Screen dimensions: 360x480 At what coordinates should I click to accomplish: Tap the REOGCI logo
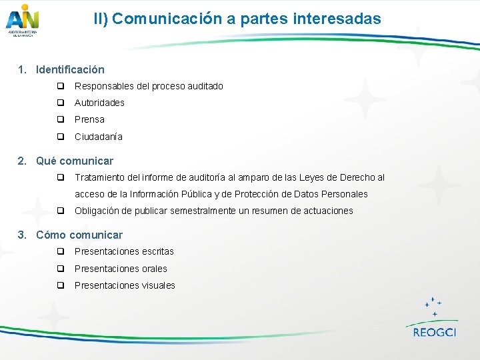click(x=434, y=319)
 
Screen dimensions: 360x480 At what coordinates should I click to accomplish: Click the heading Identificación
click(x=70, y=69)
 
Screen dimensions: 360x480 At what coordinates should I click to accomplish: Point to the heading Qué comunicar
click(x=75, y=161)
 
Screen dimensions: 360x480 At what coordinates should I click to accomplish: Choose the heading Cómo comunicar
click(x=79, y=235)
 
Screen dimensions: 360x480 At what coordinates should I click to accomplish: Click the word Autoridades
click(x=99, y=103)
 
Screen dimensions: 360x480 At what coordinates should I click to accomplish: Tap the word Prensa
click(x=89, y=119)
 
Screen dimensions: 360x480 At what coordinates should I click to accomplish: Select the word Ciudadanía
click(x=98, y=137)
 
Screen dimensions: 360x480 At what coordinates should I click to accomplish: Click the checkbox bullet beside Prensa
click(x=60, y=119)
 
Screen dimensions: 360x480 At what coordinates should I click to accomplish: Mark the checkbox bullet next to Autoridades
click(x=60, y=103)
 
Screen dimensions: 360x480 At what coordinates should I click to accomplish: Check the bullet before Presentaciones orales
click(x=60, y=269)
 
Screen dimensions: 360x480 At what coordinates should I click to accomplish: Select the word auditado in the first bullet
click(x=204, y=86)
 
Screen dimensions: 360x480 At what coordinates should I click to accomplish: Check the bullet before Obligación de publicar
click(x=60, y=211)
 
